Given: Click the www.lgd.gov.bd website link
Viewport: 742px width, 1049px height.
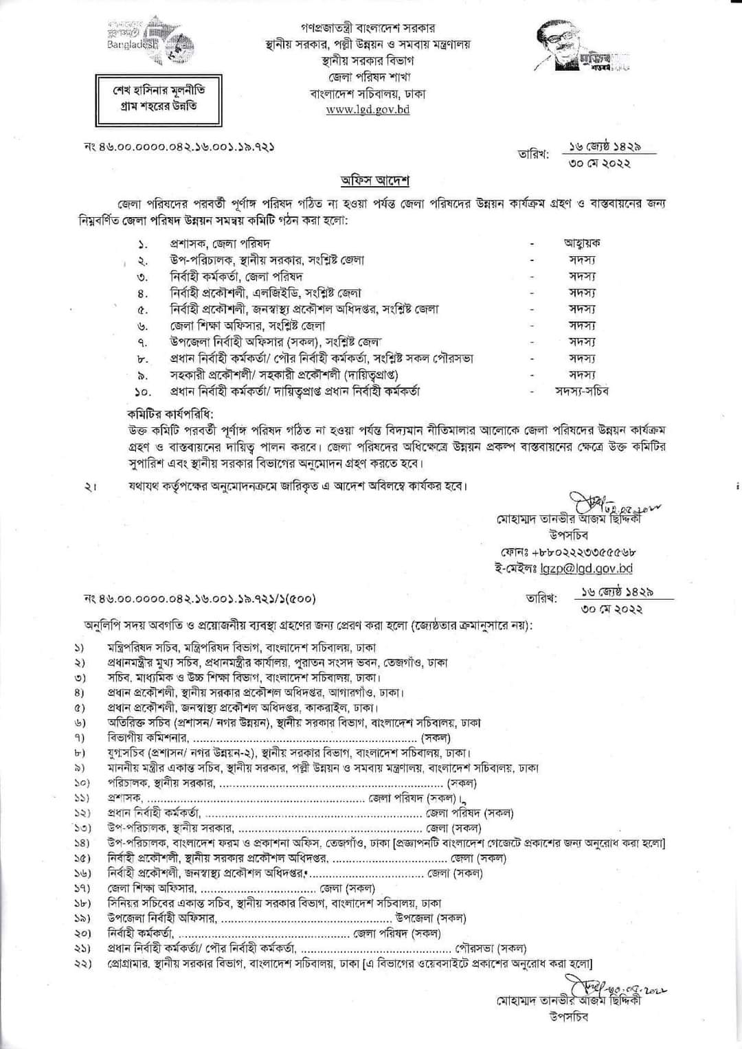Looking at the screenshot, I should (368, 109).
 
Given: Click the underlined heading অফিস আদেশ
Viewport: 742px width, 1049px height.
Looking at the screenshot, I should (375, 181).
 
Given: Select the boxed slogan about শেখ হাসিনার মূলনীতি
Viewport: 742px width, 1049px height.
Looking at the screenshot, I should (158, 98).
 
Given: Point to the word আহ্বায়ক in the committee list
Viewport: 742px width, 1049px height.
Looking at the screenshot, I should (582, 243).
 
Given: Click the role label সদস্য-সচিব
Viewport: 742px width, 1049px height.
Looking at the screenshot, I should (581, 391).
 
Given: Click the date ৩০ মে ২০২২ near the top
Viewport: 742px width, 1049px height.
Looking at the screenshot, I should (600, 163).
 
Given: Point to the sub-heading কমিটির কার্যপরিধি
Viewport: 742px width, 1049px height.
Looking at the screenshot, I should (170, 414).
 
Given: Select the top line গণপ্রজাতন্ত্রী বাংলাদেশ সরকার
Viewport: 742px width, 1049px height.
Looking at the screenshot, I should (368, 29).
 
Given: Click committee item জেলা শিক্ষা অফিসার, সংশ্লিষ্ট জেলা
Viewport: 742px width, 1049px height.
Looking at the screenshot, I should (247, 326).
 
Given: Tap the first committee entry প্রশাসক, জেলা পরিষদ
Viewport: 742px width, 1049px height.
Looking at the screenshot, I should (220, 243).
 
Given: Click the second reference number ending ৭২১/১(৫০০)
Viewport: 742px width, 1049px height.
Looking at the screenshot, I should (199, 598).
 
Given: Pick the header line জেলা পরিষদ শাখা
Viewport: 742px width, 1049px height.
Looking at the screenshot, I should (368, 78).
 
